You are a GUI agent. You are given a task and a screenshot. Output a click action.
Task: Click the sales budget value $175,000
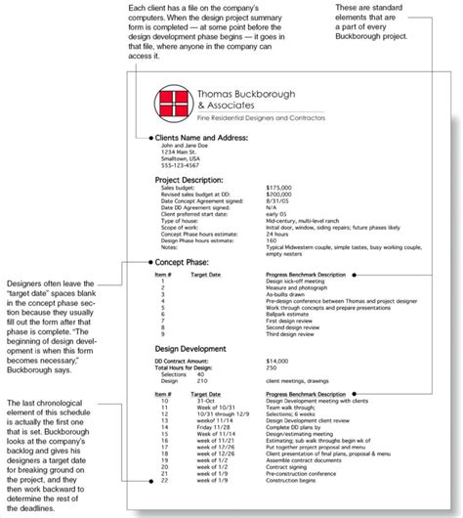pyautogui.click(x=278, y=189)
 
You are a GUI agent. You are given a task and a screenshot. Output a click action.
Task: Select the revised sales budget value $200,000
pyautogui.click(x=278, y=195)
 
